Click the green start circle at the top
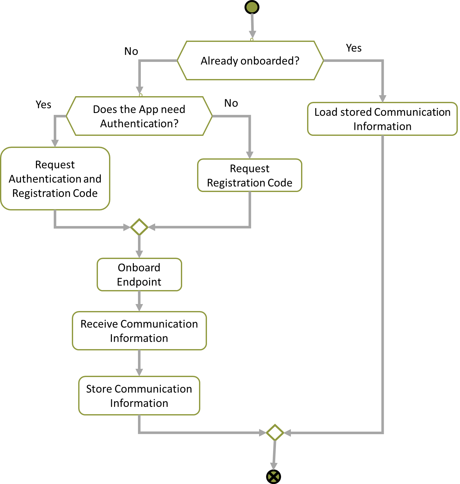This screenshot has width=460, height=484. (252, 7)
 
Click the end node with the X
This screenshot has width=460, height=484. (274, 476)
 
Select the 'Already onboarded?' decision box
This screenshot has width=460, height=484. (250, 60)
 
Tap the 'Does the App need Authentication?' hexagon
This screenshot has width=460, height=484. (139, 116)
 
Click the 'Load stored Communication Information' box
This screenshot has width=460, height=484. (382, 119)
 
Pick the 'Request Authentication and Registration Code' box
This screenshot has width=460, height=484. (55, 179)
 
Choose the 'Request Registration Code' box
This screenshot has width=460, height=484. (250, 176)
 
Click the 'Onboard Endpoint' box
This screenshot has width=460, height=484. (139, 275)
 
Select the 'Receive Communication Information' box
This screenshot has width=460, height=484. (139, 331)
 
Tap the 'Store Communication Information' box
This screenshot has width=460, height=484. (139, 396)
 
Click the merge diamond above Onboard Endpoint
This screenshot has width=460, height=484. (139, 227)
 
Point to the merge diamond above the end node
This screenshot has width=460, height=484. (275, 432)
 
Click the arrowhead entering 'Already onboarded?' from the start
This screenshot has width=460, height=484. (252, 35)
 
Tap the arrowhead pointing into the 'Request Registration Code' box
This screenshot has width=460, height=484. (250, 155)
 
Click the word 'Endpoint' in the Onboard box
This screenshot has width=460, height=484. (139, 282)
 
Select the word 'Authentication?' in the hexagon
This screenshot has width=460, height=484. (139, 123)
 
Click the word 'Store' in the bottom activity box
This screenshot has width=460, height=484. (99, 389)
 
